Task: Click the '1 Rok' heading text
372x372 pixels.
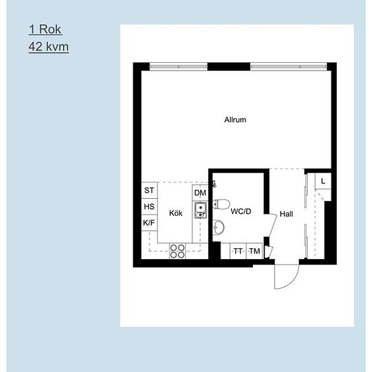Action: [45, 30]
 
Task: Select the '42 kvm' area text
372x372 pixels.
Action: [49, 47]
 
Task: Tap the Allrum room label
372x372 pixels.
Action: [235, 120]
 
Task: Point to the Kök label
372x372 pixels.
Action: [176, 213]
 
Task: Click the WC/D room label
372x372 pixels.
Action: [241, 212]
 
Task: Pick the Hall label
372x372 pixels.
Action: [287, 214]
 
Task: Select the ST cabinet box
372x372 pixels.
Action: [149, 191]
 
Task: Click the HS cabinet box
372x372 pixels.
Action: [149, 207]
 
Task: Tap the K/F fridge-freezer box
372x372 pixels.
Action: [149, 223]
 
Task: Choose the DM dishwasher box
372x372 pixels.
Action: [200, 193]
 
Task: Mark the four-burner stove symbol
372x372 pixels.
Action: [178, 251]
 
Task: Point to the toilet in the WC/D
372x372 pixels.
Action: [221, 205]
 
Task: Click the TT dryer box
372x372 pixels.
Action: [238, 252]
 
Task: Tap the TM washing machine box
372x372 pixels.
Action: [254, 252]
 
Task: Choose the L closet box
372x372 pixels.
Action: [324, 181]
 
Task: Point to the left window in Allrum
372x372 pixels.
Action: [179, 66]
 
